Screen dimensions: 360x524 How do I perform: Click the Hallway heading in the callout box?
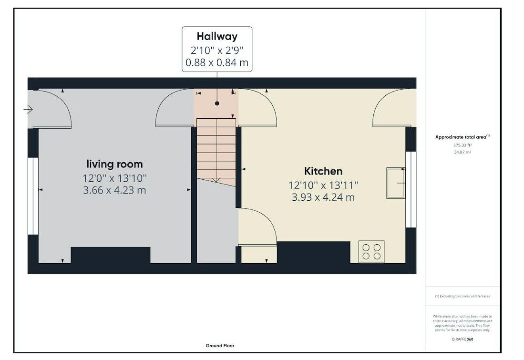click(x=217, y=36)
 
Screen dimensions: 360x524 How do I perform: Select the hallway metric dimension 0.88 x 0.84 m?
click(x=217, y=62)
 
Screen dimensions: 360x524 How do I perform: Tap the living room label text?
click(x=114, y=165)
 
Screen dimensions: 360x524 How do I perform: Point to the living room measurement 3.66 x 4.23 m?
click(x=114, y=190)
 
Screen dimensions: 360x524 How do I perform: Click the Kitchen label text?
click(x=323, y=171)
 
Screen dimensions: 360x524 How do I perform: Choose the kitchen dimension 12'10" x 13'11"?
click(x=323, y=185)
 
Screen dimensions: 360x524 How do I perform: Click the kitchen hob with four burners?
click(x=371, y=252)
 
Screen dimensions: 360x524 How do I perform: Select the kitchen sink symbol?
click(x=396, y=183)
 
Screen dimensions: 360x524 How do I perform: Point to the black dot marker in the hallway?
click(x=217, y=103)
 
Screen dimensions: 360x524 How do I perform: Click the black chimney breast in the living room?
click(x=111, y=255)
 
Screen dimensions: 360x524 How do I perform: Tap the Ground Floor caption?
click(x=220, y=346)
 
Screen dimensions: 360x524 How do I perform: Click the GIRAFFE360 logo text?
click(x=462, y=339)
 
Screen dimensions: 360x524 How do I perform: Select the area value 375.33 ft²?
click(x=462, y=145)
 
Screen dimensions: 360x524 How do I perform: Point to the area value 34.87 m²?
click(x=462, y=152)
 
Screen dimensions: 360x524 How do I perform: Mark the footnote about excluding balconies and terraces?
click(x=462, y=296)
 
